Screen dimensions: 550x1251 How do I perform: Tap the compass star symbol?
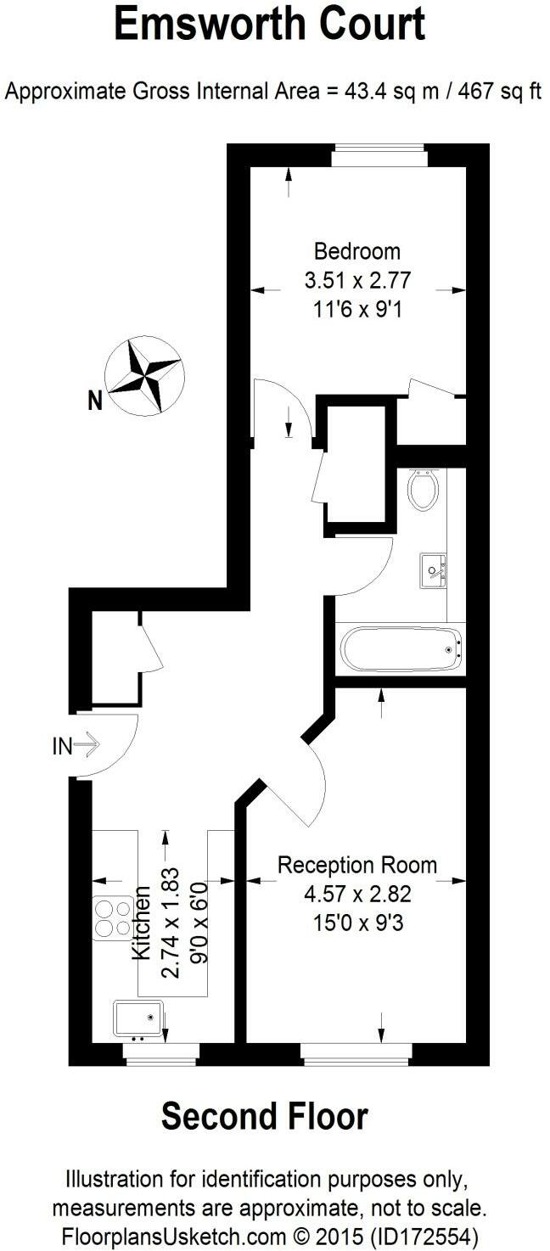point(143,377)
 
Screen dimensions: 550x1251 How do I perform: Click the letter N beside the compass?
point(96,400)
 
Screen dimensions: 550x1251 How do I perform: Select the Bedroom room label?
point(356,251)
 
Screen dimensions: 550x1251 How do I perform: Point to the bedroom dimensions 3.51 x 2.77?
point(356,280)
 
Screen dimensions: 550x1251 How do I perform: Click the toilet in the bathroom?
point(422,488)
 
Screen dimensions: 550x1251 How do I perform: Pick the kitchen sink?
point(137,1019)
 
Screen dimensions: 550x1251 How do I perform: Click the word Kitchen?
point(142,923)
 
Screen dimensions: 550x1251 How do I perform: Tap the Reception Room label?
point(357,866)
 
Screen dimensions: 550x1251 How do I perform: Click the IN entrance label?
point(63,746)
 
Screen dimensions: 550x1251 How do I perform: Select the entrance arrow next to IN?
point(87,746)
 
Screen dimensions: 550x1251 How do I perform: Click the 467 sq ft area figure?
point(500,92)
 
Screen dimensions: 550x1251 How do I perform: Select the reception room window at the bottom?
point(356,1054)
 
